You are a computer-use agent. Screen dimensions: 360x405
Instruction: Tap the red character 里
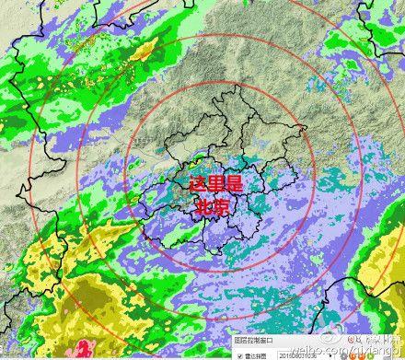(x=212, y=186)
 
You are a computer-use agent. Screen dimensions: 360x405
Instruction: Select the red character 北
(x=202, y=208)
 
